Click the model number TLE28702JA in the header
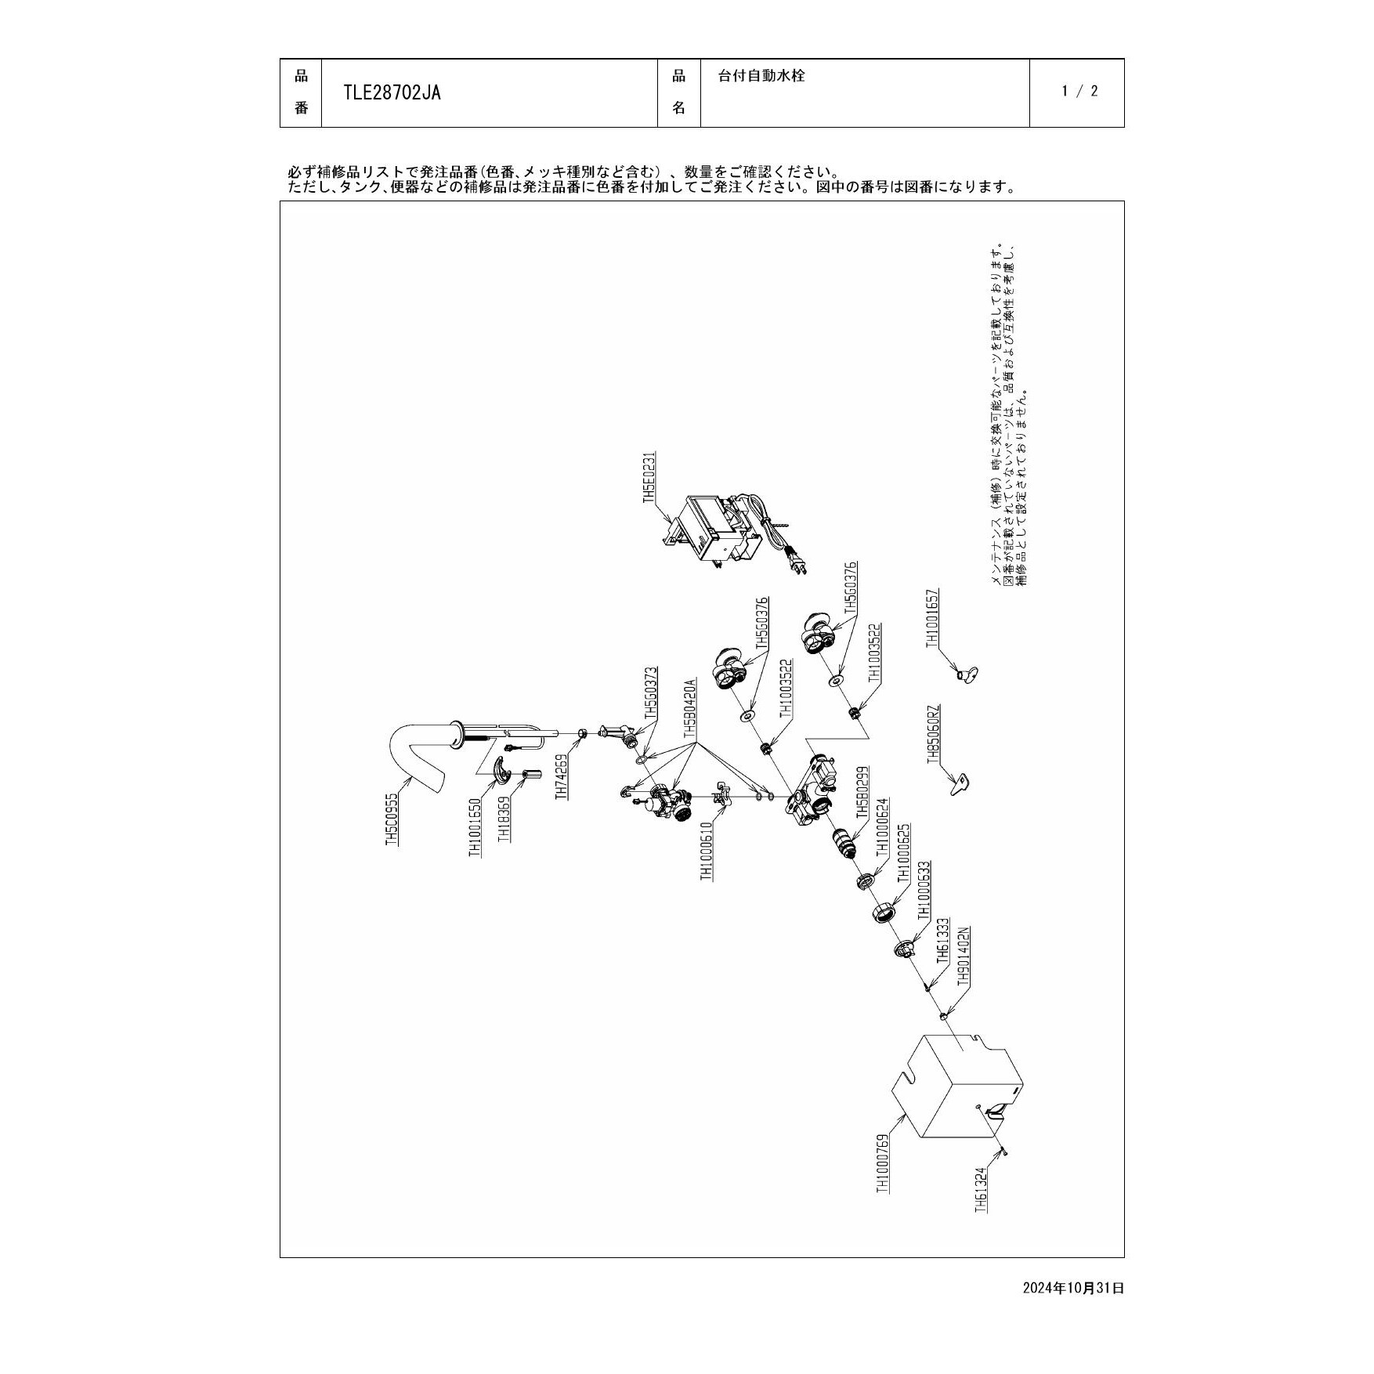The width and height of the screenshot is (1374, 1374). (x=392, y=93)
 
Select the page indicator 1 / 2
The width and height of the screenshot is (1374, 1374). (x=1080, y=91)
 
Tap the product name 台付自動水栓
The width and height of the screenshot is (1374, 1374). (x=761, y=76)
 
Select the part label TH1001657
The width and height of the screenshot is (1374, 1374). (x=932, y=618)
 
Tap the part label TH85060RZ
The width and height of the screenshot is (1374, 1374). (x=932, y=736)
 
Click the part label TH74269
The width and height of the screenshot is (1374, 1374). (x=561, y=776)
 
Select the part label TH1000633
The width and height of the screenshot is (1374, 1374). (x=924, y=890)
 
